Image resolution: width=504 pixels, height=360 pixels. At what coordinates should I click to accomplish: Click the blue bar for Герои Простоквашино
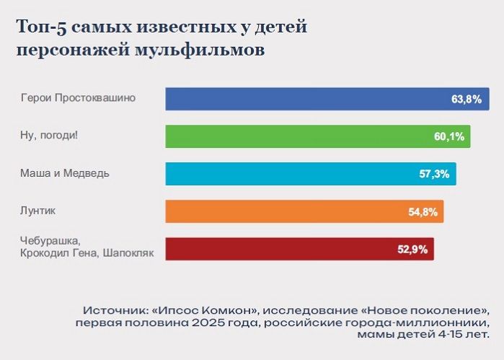[303, 99]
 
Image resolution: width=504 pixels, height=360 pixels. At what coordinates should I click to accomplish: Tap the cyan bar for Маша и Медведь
[288, 174]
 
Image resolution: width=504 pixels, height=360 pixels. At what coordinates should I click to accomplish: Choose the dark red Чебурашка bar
[274, 249]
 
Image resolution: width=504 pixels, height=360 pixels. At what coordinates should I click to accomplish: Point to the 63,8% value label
[467, 100]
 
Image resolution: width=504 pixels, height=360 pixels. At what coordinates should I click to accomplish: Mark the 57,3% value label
[434, 175]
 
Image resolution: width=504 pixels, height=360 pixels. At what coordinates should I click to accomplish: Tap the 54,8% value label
[422, 212]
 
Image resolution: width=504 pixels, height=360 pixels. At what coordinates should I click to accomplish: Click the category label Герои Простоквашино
[78, 97]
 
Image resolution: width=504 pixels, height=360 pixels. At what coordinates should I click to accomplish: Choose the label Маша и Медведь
[65, 173]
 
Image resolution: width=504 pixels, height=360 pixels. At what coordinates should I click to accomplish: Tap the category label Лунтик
[38, 211]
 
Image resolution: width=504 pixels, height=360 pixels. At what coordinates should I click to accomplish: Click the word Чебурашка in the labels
[49, 240]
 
